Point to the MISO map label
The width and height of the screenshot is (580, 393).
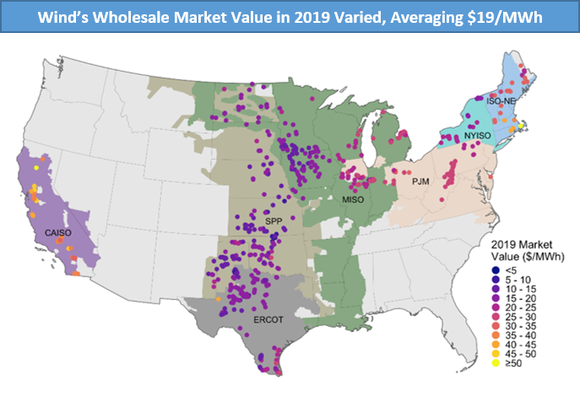click(353, 199)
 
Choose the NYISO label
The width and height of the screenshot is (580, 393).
click(475, 134)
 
